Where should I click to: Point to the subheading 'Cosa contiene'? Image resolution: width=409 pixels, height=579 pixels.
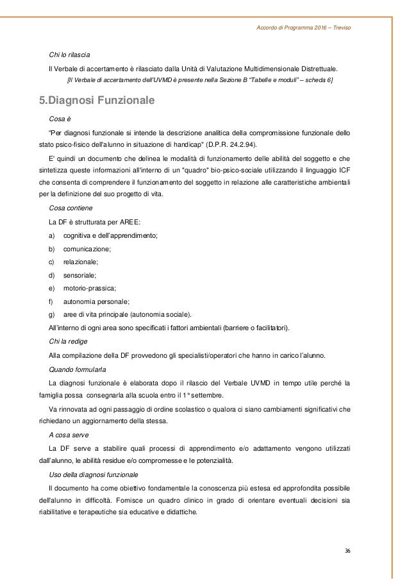(x=70, y=208)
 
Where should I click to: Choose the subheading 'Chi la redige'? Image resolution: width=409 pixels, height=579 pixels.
(x=68, y=341)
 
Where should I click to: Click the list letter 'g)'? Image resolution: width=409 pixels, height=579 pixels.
(x=52, y=314)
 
